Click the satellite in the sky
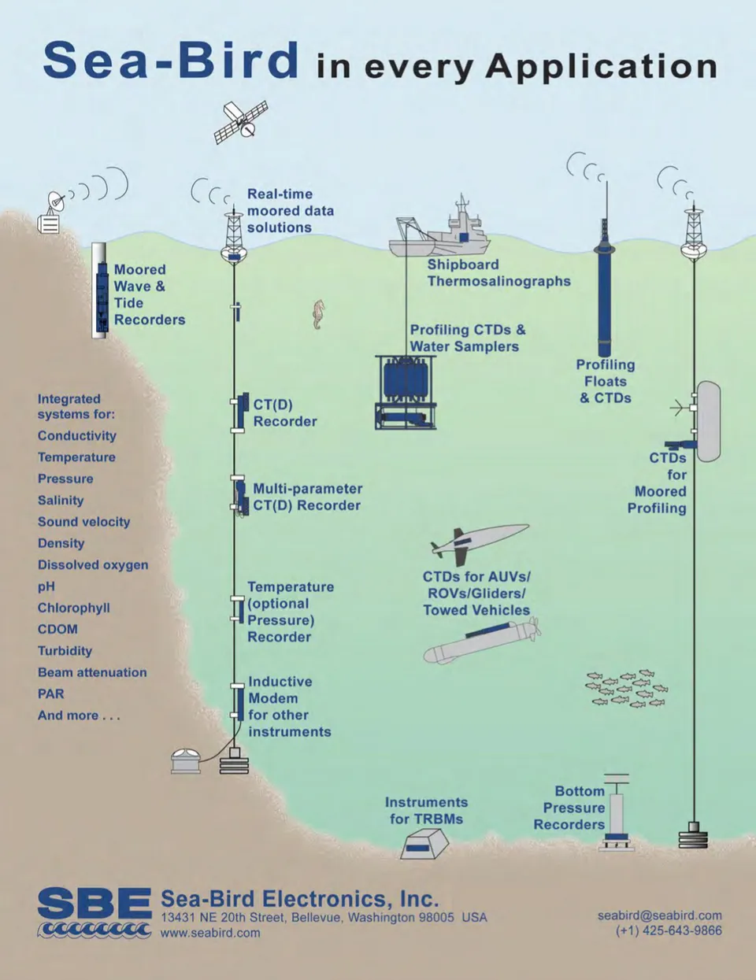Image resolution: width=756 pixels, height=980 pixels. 241,121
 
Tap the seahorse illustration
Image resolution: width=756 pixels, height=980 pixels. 318,314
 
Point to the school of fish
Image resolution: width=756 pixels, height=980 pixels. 627,689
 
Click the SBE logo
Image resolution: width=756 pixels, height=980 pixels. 94,912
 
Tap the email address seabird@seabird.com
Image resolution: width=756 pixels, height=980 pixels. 659,915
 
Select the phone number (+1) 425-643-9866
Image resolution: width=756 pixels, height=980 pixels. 669,930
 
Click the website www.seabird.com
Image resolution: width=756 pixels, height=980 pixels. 210,933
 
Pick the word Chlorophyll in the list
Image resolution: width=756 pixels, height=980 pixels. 74,608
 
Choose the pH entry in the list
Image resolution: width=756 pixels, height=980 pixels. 46,586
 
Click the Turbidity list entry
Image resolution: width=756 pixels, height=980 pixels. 65,651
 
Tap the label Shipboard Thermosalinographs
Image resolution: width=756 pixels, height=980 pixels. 498,273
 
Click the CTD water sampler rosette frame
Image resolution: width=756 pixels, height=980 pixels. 406,391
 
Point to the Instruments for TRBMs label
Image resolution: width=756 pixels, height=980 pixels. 426,811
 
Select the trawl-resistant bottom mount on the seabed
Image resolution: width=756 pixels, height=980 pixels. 424,845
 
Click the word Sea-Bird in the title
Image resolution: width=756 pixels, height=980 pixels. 171,61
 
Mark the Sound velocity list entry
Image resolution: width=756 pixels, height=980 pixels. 83,522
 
